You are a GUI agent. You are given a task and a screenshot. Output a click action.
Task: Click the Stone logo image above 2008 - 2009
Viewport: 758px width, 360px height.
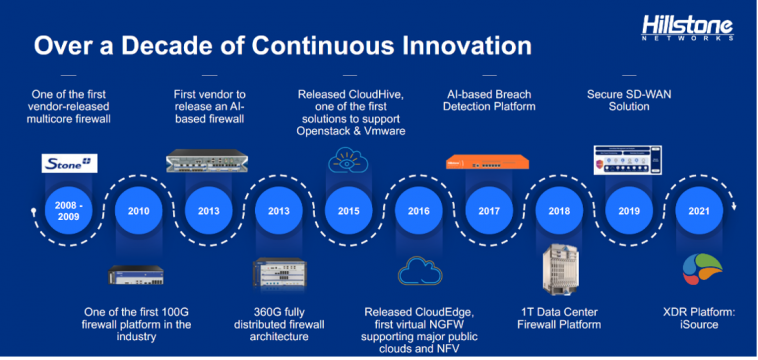pyautogui.click(x=69, y=163)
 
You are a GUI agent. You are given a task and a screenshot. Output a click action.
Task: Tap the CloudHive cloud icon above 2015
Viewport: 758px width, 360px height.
pyautogui.click(x=347, y=161)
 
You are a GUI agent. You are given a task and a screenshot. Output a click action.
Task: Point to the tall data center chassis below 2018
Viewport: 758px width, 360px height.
pyautogui.click(x=558, y=273)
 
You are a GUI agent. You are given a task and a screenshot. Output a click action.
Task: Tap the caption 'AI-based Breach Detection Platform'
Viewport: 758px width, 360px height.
pyautogui.click(x=490, y=100)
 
